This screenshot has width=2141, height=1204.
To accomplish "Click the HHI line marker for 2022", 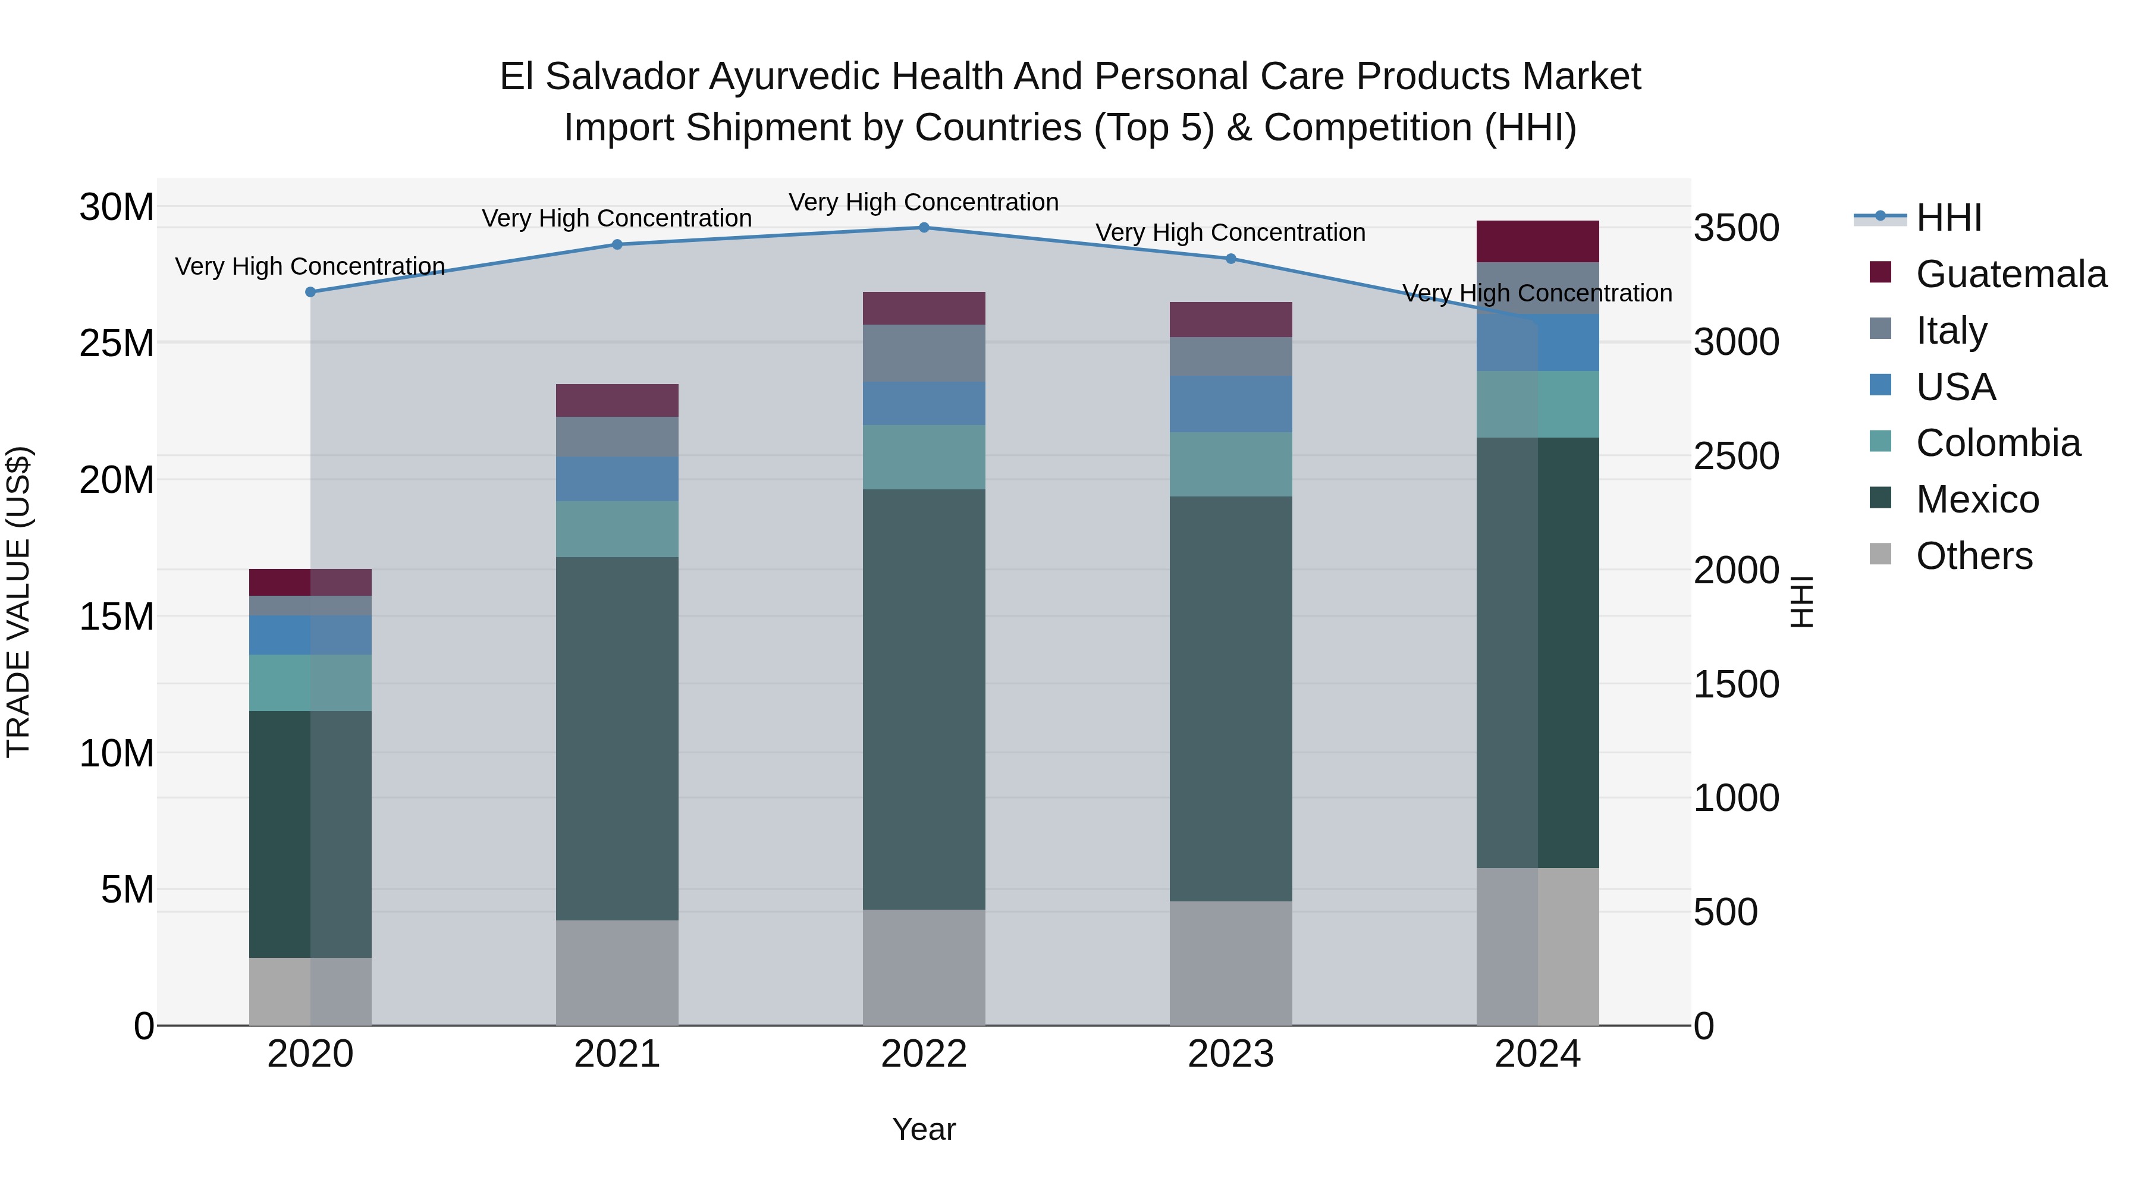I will [924, 227].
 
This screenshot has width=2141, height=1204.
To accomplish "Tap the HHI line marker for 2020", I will [310, 292].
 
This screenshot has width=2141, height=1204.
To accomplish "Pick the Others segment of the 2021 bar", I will [617, 972].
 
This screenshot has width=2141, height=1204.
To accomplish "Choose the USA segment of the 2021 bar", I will [617, 479].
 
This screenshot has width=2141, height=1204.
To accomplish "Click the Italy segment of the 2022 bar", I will [924, 353].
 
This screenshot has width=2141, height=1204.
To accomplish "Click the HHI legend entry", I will [1947, 218].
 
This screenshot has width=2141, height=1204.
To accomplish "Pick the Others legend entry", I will [1973, 556].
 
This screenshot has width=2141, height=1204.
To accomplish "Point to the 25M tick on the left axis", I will [117, 343].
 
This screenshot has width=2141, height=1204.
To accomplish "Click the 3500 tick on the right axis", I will [1735, 228].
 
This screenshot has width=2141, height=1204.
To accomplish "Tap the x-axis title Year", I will [924, 1129].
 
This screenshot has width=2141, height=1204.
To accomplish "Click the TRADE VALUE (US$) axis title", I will [18, 602].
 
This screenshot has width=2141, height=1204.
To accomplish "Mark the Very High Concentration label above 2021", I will [617, 219].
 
